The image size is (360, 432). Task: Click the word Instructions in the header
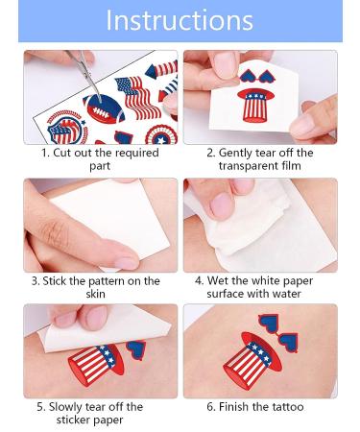pyautogui.click(x=180, y=21)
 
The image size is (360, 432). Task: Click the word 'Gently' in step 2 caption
pyautogui.click(x=241, y=153)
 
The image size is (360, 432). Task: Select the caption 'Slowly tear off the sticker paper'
pyautogui.click(x=101, y=413)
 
